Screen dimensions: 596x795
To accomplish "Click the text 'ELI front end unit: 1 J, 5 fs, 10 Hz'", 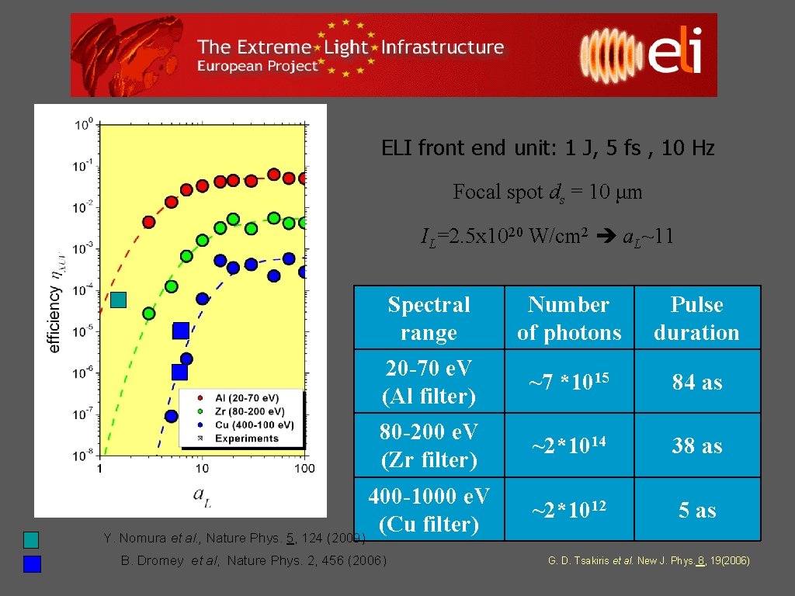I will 547,147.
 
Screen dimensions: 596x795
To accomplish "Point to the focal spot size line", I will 547,192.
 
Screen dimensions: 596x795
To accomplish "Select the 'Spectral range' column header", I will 429,318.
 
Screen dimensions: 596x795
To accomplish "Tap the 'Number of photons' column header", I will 569,318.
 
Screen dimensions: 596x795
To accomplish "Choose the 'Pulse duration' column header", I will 696,318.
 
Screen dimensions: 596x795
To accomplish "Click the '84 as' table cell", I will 696,382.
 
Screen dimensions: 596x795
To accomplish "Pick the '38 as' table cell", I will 696,445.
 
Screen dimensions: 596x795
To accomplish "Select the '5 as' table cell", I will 696,510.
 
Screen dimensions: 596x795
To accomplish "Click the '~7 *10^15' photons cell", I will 569,382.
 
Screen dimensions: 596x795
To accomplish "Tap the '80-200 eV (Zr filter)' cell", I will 429,445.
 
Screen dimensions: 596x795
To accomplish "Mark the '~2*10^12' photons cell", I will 569,510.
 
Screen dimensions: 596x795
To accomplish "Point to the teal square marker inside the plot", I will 118,300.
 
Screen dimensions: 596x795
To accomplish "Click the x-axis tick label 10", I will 201,468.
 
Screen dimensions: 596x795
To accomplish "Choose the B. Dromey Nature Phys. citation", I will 253,560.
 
